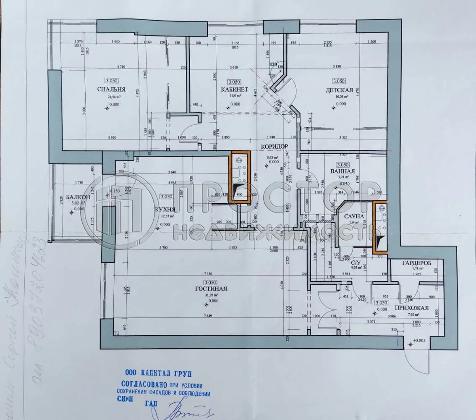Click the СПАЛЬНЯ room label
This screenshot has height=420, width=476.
tap(111, 89)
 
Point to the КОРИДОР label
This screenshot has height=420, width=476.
tap(274, 147)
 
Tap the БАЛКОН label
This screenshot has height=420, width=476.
tap(78, 197)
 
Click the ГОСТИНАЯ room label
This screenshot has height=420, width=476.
tap(211, 289)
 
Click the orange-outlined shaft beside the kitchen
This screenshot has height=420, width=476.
tap(241, 177)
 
